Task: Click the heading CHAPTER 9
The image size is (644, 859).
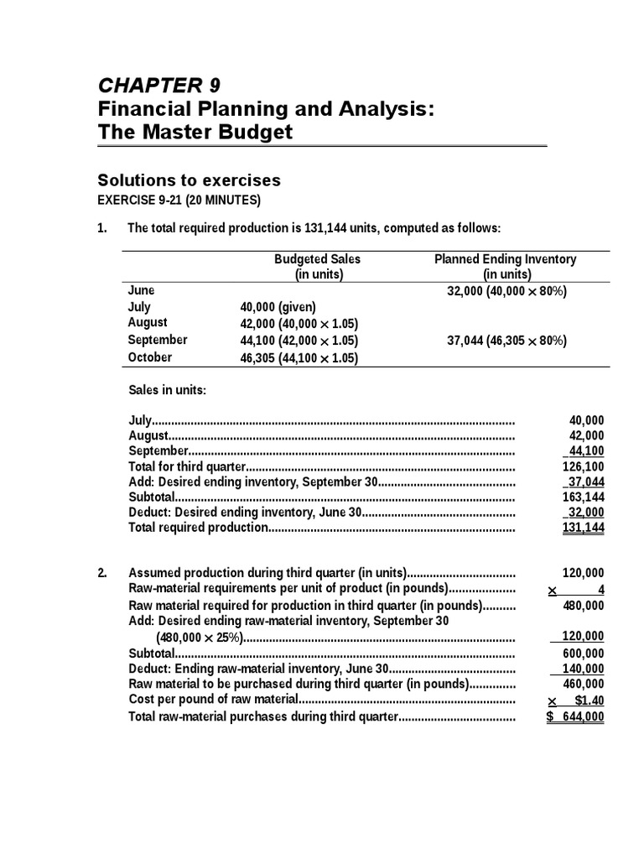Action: click(x=159, y=86)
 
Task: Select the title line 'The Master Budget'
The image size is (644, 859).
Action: click(x=195, y=132)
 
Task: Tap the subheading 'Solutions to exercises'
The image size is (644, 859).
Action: click(x=189, y=180)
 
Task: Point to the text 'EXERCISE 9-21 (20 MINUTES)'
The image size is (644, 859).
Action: click(x=179, y=200)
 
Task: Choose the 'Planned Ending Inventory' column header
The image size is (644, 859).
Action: click(x=506, y=259)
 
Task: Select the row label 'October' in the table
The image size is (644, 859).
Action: click(x=150, y=357)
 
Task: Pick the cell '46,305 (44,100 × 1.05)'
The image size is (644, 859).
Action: click(x=299, y=357)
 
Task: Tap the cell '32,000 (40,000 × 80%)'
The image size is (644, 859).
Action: click(x=506, y=291)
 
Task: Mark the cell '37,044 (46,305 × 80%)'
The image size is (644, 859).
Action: click(x=506, y=341)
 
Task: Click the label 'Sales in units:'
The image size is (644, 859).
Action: click(x=167, y=390)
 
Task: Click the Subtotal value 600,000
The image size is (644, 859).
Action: click(x=583, y=653)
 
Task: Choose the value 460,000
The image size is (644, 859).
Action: click(x=583, y=684)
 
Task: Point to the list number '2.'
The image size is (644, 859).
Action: click(x=102, y=574)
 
